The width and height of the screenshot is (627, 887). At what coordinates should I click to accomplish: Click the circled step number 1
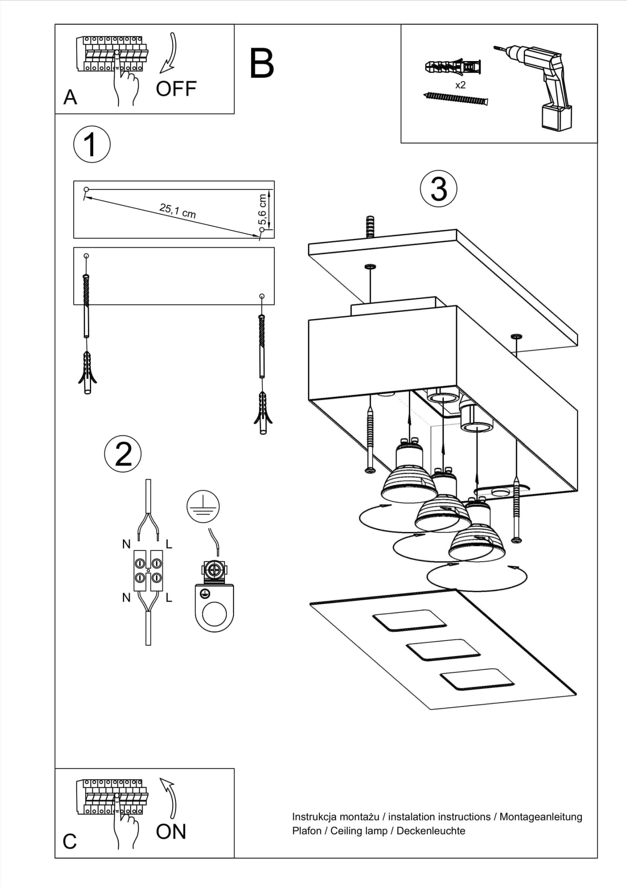pos(92,145)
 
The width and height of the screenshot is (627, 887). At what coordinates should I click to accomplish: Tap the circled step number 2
pos(123,454)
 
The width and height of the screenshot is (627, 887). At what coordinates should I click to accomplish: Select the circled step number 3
pos(438,189)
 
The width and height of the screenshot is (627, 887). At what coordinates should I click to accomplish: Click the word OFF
pos(176,89)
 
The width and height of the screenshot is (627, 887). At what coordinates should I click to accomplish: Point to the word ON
pos(171,831)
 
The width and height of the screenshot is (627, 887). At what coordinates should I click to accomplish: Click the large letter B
pos(262,64)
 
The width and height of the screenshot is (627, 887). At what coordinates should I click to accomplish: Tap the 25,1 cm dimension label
pos(178,210)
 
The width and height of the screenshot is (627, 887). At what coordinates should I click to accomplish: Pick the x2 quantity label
pos(460,85)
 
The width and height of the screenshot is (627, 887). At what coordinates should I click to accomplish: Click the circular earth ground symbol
pos(203,506)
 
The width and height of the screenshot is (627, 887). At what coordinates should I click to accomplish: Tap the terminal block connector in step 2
pos(148,571)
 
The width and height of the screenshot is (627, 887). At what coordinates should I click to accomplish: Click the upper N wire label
pos(126,544)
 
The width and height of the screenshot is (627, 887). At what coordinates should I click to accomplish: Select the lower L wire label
pos(169,598)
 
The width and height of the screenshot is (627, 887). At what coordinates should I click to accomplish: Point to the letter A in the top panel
pos(70,97)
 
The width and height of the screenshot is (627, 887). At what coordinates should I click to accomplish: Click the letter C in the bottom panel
pos(69,842)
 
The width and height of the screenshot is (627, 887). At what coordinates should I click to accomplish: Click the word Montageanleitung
pos(540,816)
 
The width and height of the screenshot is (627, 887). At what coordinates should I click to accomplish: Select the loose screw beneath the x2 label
pos(456,98)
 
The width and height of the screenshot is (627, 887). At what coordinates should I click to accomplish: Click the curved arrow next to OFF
pos(170,52)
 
